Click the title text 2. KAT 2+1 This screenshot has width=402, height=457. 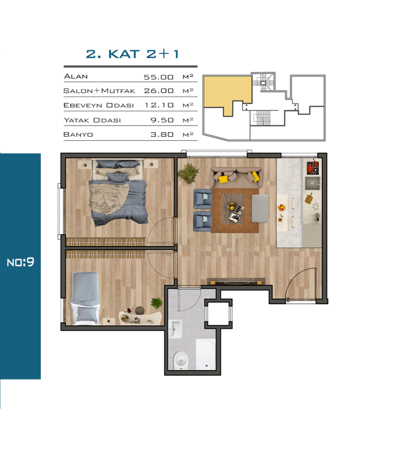[132, 54]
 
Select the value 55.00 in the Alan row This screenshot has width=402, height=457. [159, 77]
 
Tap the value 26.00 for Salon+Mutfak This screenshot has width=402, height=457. [159, 91]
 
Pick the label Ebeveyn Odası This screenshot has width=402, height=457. [98, 105]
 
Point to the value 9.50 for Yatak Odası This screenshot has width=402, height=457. [162, 120]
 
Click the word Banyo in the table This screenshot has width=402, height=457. [78, 135]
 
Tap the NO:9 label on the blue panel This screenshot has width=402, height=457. [20, 262]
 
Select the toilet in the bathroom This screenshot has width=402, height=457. [181, 360]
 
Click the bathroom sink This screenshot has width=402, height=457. [175, 329]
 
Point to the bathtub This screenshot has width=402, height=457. [206, 354]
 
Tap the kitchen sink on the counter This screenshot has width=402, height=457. [312, 183]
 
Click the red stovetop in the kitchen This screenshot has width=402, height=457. [312, 168]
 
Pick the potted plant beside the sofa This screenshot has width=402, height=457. [188, 173]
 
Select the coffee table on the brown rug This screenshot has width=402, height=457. [233, 209]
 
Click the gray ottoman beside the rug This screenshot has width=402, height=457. [260, 208]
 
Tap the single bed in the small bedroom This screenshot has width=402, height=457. [85, 298]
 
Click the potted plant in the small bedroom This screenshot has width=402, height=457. [157, 303]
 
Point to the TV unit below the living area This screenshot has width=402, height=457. [236, 281]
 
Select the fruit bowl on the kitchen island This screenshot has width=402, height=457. [281, 207]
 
